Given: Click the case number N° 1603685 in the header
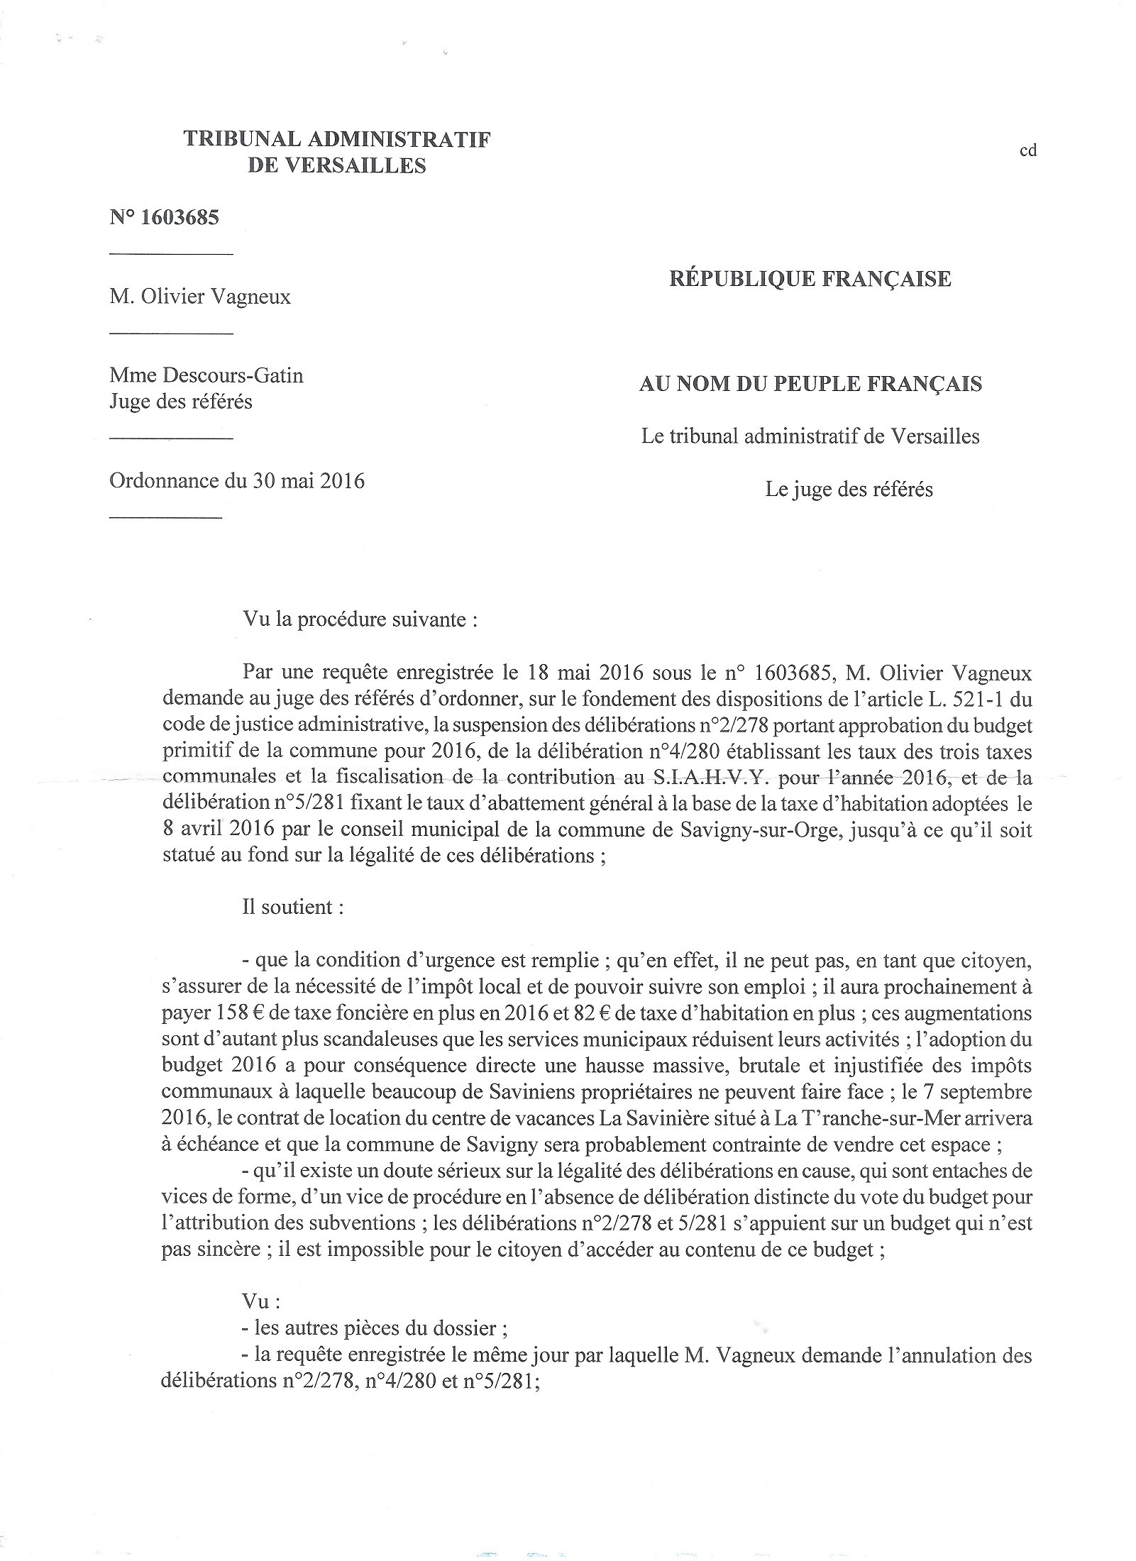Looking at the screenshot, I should (164, 218).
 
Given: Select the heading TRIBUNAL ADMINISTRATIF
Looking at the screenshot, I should (336, 139).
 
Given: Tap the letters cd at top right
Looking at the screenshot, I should (1028, 150).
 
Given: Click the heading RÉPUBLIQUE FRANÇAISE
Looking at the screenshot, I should (810, 279).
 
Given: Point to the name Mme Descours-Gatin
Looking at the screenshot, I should (206, 375).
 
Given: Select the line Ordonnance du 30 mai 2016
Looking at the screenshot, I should (237, 481).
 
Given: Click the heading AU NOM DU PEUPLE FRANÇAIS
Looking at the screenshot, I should (810, 385).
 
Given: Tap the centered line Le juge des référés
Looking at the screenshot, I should (849, 489).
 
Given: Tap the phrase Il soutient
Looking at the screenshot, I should (293, 908).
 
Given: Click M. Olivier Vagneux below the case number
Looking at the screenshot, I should (200, 296).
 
